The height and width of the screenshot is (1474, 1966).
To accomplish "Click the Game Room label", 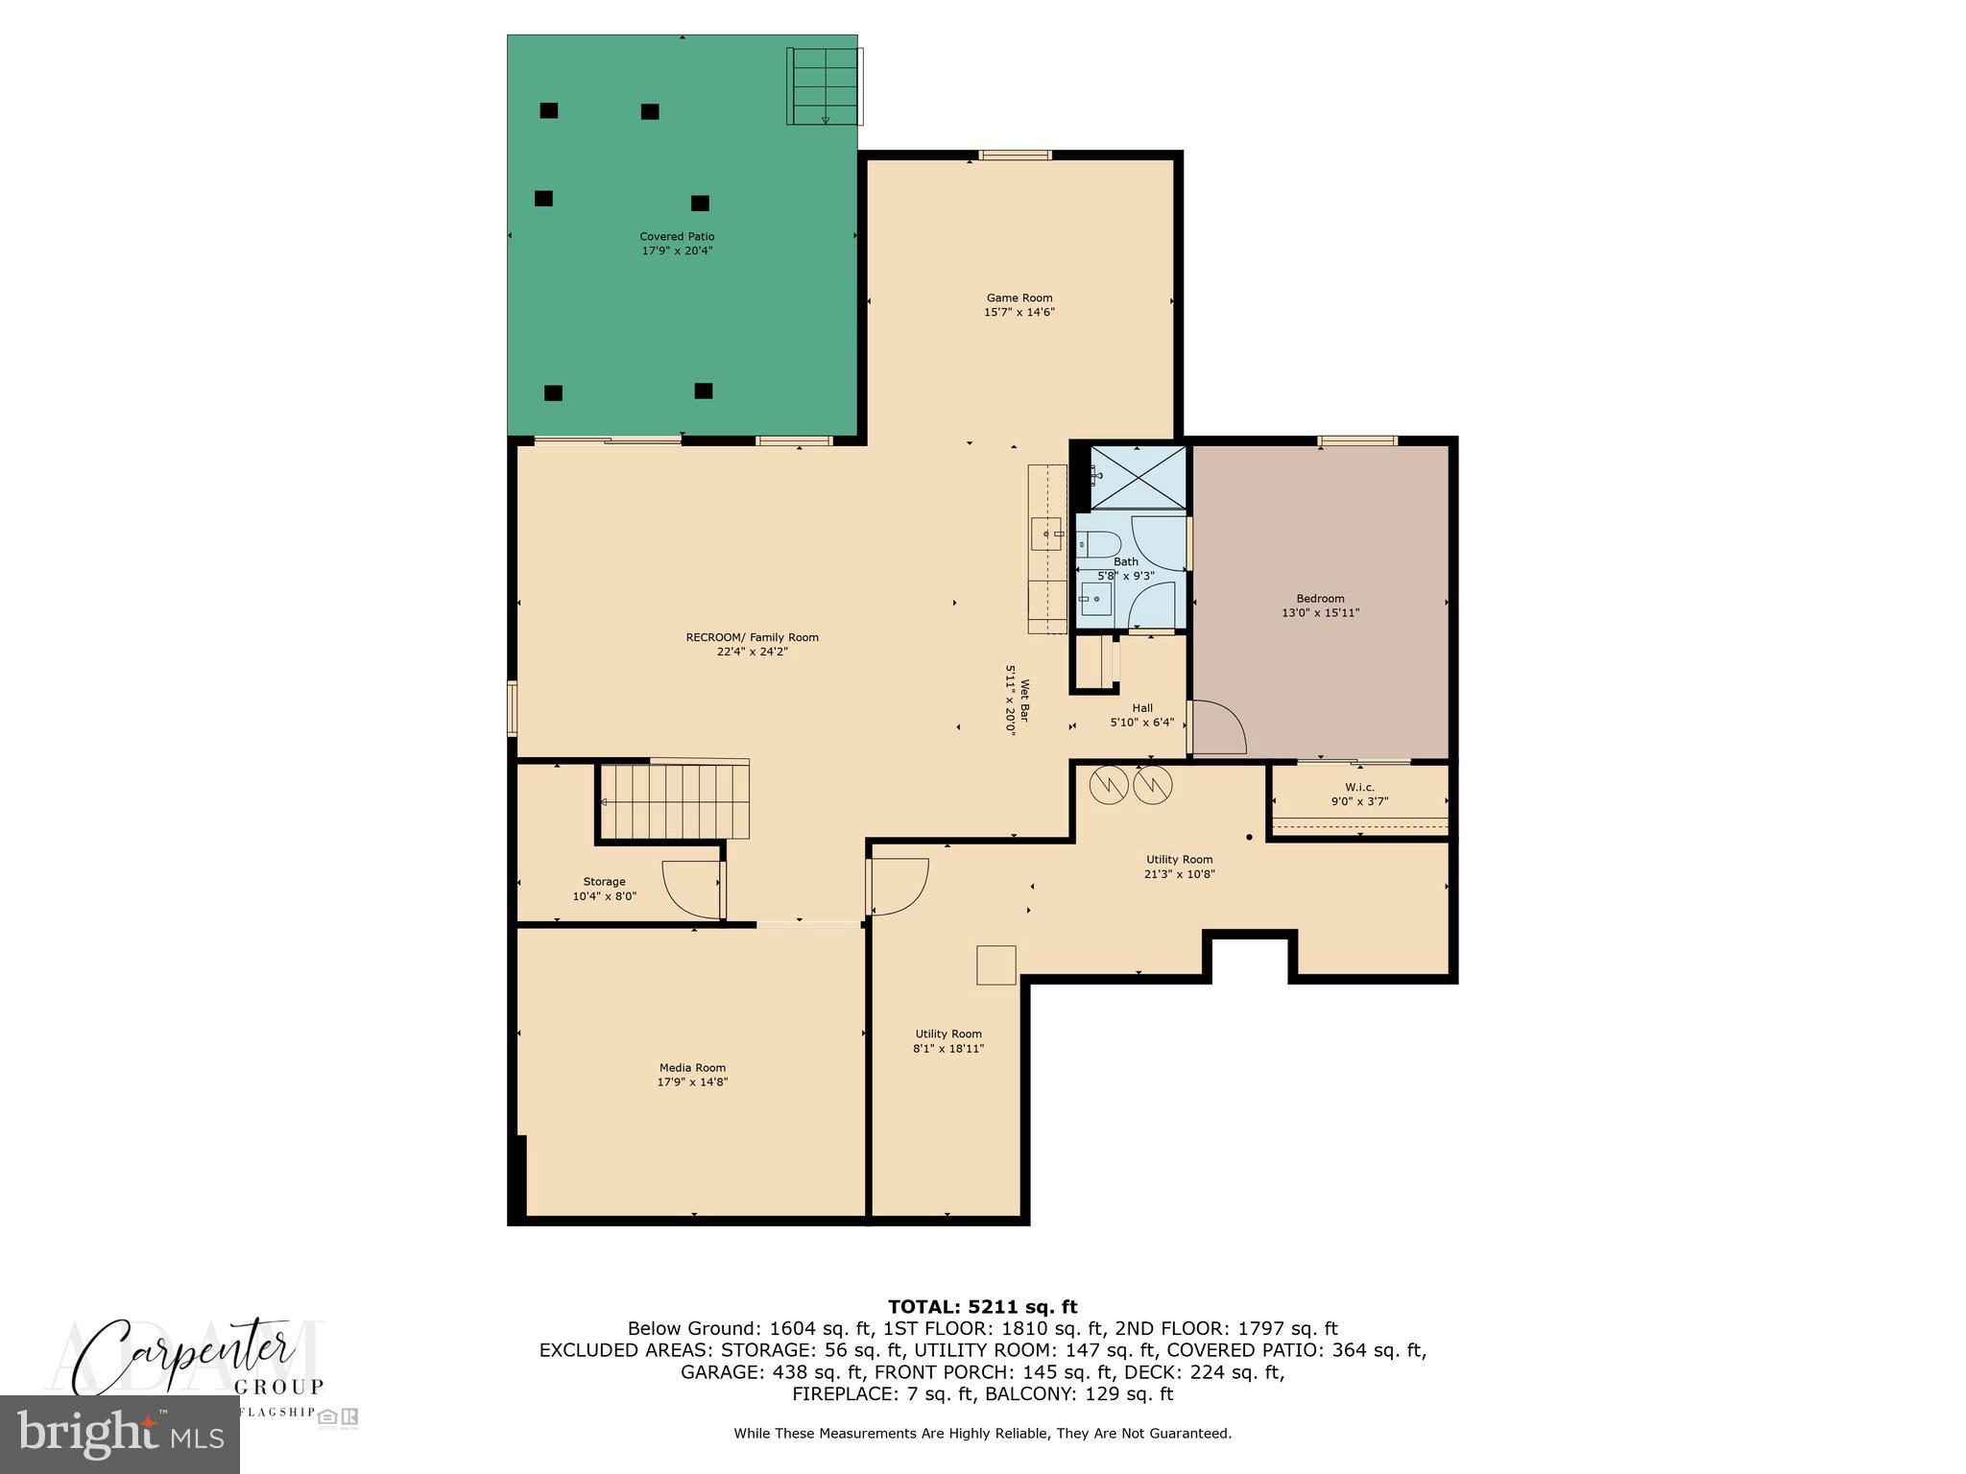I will [x=1019, y=298].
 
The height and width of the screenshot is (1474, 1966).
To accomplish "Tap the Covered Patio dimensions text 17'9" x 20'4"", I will [x=677, y=251].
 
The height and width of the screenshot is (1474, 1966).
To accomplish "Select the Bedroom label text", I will [x=1320, y=599].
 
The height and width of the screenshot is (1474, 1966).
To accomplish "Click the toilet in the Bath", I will [x=1096, y=544].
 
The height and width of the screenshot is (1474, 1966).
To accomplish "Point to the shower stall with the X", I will [x=1139, y=476].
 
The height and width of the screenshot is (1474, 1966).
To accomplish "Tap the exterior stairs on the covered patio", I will [x=824, y=85].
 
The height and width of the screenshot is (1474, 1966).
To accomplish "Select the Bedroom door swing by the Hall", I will [x=1216, y=726].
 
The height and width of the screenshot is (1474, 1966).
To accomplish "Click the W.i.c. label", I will [x=1359, y=787].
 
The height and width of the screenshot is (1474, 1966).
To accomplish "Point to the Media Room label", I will [x=692, y=1068].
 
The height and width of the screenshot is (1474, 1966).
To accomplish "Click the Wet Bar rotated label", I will [x=1018, y=700].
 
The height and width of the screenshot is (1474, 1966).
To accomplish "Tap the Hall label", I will [x=1141, y=708].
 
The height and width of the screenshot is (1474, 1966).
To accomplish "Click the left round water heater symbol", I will [x=1109, y=786].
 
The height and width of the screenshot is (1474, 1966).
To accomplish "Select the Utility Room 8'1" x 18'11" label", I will [x=947, y=1041].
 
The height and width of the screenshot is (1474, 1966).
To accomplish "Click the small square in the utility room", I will [x=996, y=964].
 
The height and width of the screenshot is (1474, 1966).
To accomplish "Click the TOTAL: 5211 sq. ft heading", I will [x=982, y=1307].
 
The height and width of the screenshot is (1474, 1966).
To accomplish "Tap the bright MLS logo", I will [x=120, y=1435].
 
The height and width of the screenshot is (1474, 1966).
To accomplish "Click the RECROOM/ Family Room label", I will [x=752, y=637].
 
